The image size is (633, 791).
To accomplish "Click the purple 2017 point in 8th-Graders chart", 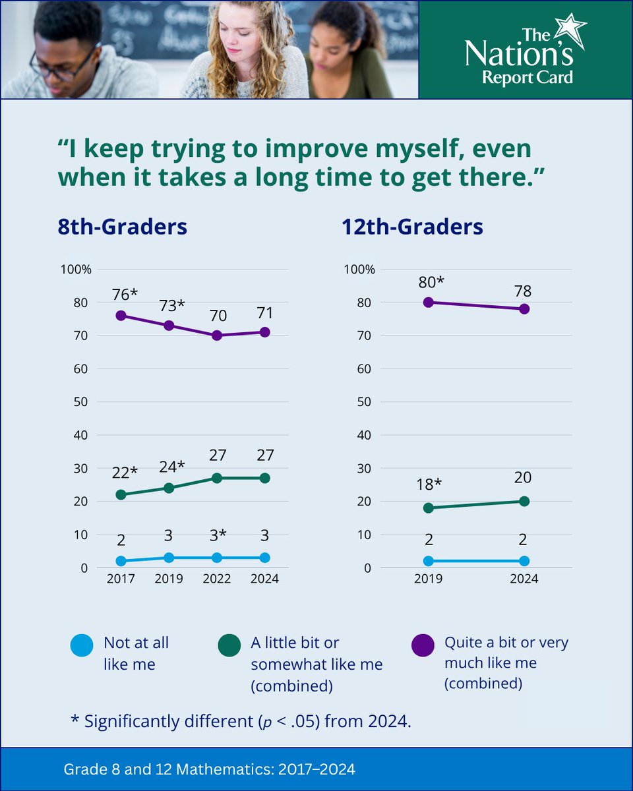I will click(120, 315).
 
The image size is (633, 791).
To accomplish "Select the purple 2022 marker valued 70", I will click(217, 335).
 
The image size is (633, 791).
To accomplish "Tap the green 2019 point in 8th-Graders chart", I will click(168, 488).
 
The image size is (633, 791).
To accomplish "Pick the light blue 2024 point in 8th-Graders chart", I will click(265, 558).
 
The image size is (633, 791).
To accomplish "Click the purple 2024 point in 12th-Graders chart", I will click(524, 308).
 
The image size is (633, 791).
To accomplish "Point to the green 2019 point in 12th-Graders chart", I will click(429, 508).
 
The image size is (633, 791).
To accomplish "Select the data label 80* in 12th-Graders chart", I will click(431, 282).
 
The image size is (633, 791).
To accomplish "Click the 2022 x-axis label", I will click(217, 579).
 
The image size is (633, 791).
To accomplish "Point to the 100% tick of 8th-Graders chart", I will click(76, 270).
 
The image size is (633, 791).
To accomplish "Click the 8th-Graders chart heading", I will click(121, 227).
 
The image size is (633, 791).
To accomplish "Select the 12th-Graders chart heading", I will click(412, 227).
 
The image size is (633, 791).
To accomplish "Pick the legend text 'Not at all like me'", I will click(136, 653).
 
